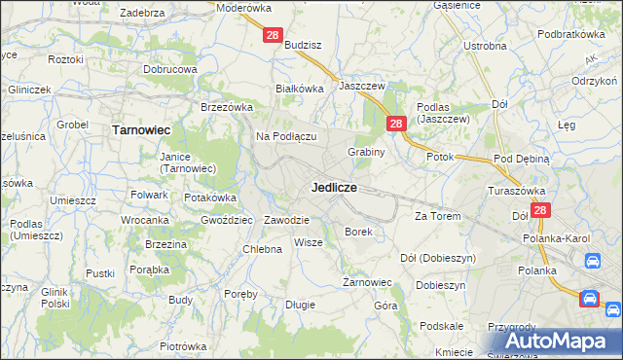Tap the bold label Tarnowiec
142,128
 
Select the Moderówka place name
244,7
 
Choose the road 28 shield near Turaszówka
541,209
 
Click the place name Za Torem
437,216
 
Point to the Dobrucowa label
170,70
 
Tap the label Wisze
308,242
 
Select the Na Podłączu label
286,137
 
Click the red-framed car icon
590,299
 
